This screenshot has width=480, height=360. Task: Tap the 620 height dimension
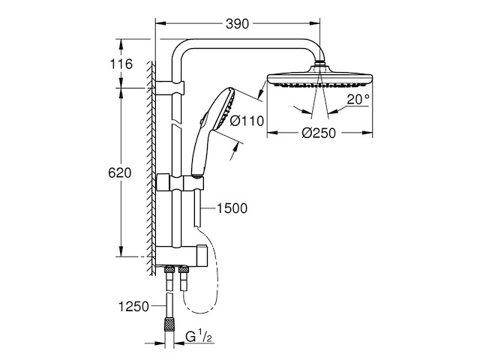tap(120, 172)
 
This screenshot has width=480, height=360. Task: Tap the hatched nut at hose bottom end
tap(172, 325)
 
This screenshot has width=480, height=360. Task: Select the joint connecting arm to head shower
tap(322, 63)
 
